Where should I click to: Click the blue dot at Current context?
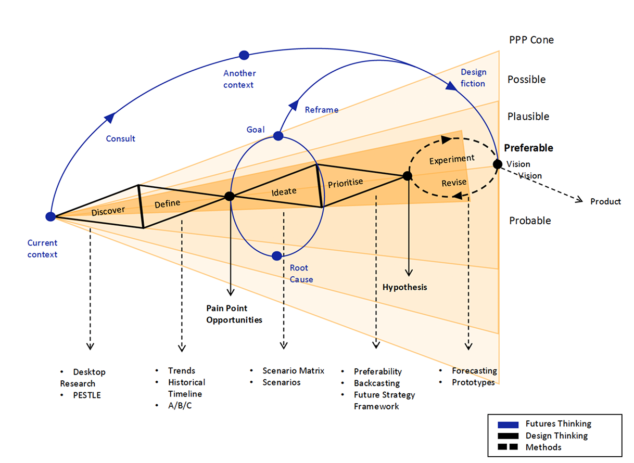point(50,216)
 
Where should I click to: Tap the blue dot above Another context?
point(244,55)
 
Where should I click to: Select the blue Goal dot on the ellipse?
point(278,136)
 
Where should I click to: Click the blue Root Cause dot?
point(277,255)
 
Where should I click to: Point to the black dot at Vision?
point(498,164)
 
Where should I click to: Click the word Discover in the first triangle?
point(108,211)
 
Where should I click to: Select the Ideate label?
point(284,191)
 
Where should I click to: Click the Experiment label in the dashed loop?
point(452,159)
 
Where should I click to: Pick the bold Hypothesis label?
point(404,287)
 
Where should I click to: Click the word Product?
point(605,201)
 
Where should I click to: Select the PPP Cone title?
point(531,40)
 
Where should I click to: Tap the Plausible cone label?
point(528,117)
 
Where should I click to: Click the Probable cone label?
point(530,221)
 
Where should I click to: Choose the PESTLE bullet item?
point(87,395)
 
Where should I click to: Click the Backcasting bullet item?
point(377,383)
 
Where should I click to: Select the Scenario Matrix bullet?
point(293,371)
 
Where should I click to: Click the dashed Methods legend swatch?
point(508,447)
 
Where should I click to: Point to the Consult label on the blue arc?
point(121,138)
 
